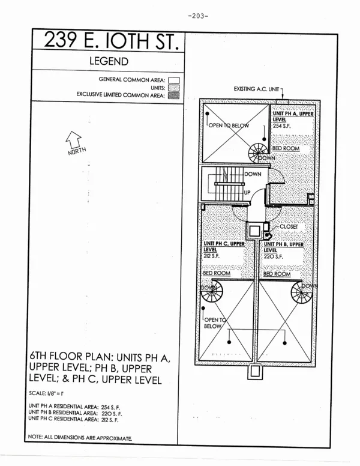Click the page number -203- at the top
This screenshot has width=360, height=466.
point(197,16)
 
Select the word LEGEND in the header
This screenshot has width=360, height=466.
point(109,61)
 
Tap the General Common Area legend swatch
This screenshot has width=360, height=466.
point(175,79)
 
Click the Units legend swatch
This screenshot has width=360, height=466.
point(175,87)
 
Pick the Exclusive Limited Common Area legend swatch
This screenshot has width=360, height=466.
point(175,95)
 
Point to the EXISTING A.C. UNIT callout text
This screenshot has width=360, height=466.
point(256,89)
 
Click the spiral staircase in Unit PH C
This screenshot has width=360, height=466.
point(211,293)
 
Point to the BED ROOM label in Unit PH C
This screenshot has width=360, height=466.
point(217,273)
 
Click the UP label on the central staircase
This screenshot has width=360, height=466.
point(247,192)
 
